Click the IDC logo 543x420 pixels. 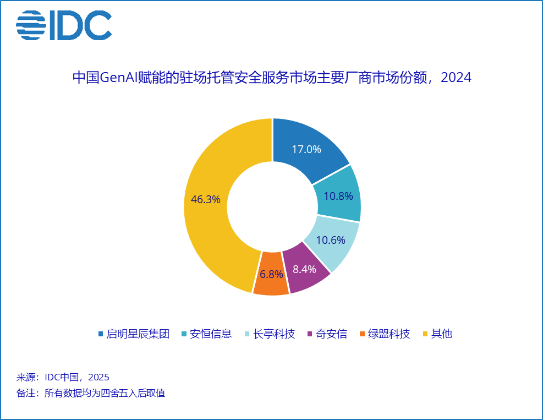pyautogui.click(x=63, y=25)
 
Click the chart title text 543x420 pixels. pyautogui.click(x=272, y=78)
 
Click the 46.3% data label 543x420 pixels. pyautogui.click(x=205, y=199)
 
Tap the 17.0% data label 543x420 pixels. pyautogui.click(x=306, y=149)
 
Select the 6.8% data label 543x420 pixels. pyautogui.click(x=271, y=274)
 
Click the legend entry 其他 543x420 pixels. pyautogui.click(x=441, y=334)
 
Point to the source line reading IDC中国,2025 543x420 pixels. pyautogui.click(x=63, y=377)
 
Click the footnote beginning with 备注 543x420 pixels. pyautogui.click(x=91, y=393)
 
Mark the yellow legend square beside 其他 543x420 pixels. pyautogui.click(x=425, y=334)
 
